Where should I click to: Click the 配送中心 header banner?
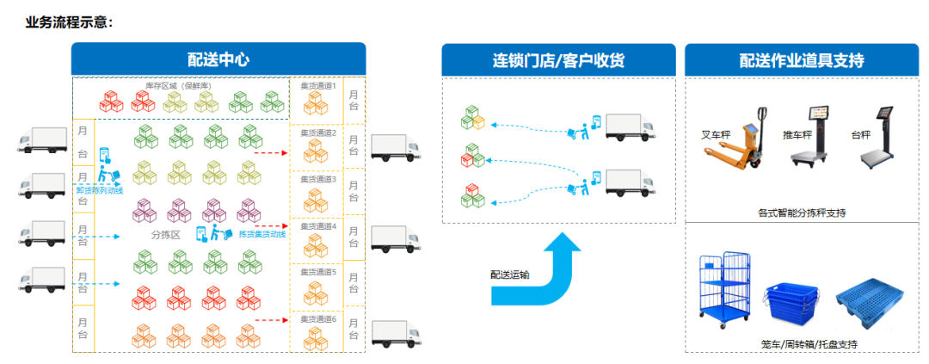pyautogui.click(x=218, y=59)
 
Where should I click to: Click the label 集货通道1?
pyautogui.click(x=317, y=85)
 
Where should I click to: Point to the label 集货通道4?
pyautogui.click(x=317, y=226)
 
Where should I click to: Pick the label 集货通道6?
pyautogui.click(x=317, y=318)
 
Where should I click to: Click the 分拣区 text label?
pyautogui.click(x=164, y=234)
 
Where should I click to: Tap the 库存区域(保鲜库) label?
pyautogui.click(x=178, y=85)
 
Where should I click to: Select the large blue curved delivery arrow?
pyautogui.click(x=538, y=270)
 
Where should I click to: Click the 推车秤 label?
pyautogui.click(x=797, y=135)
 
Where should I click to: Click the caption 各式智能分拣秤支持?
pyautogui.click(x=801, y=212)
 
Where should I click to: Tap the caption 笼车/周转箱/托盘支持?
pyautogui.click(x=809, y=344)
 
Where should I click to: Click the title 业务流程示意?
pyautogui.click(x=69, y=22)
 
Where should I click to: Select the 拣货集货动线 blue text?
pyautogui.click(x=262, y=234)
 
